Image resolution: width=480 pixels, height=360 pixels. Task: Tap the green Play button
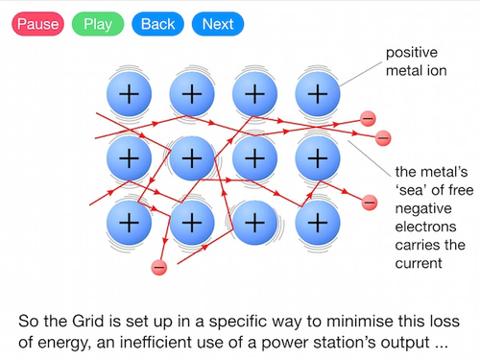pos(98,23)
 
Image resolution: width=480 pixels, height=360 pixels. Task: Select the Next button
pos(217,23)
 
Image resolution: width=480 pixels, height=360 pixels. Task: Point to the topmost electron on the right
pos(368,118)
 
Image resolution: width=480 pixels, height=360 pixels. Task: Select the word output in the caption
pos(415,343)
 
